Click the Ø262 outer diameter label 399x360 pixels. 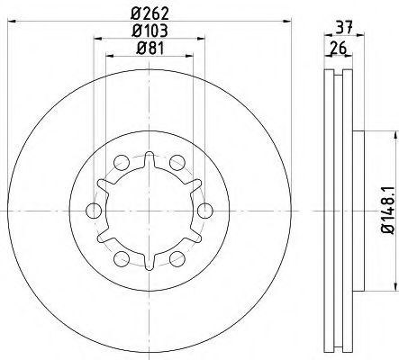point(150,14)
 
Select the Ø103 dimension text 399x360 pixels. point(150,31)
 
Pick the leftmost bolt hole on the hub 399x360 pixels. point(93,211)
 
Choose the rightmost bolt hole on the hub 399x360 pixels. point(206,211)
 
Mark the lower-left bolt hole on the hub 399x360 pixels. point(121,260)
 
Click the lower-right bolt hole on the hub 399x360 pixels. point(178,260)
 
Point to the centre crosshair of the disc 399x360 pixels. point(150,211)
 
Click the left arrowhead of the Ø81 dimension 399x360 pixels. point(110,55)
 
